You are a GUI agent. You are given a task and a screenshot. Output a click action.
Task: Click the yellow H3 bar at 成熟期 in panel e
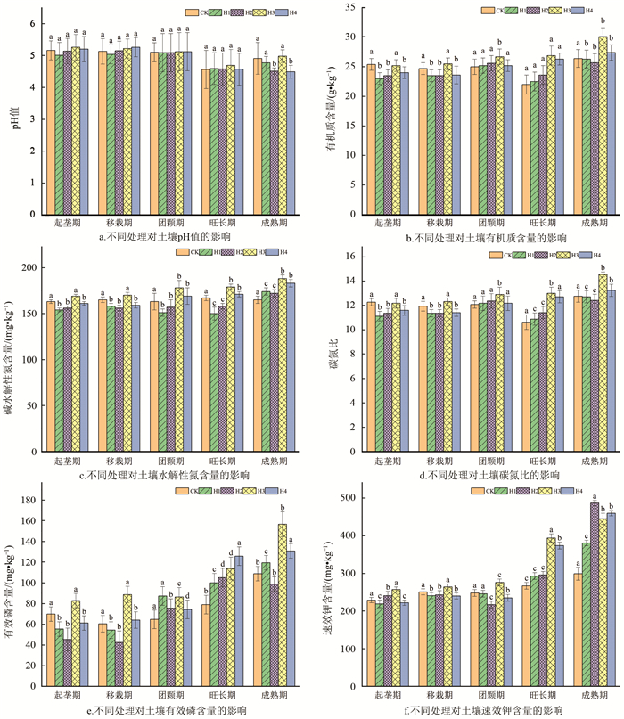pyautogui.click(x=283, y=606)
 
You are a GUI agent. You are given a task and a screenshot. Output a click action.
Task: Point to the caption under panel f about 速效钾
pyautogui.click(x=482, y=710)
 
